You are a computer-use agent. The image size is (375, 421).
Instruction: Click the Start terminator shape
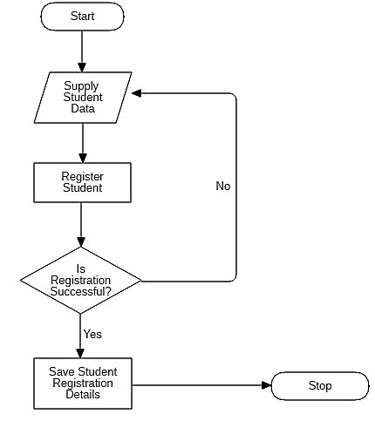(x=82, y=17)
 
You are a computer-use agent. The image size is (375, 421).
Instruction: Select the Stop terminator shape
(x=320, y=385)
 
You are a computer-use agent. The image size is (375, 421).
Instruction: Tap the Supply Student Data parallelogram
(x=82, y=97)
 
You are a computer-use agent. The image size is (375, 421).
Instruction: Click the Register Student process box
(x=82, y=182)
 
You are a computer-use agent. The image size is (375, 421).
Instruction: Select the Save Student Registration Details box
(x=82, y=384)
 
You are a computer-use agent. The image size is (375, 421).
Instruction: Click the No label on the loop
(x=223, y=186)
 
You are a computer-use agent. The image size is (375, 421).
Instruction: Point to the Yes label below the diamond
(x=92, y=333)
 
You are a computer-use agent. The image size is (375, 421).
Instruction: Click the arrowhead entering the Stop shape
(x=267, y=384)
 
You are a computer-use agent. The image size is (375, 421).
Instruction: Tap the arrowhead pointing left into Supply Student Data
(x=138, y=92)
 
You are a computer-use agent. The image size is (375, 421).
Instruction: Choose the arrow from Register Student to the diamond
(x=82, y=224)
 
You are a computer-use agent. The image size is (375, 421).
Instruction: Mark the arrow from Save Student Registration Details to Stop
(x=201, y=384)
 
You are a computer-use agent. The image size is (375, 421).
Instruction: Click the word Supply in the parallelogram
(x=82, y=85)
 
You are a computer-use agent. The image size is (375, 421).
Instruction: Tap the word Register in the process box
(x=82, y=176)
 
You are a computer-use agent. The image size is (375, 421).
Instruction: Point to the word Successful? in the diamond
(x=81, y=291)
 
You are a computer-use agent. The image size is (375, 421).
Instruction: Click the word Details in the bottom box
(x=82, y=395)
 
